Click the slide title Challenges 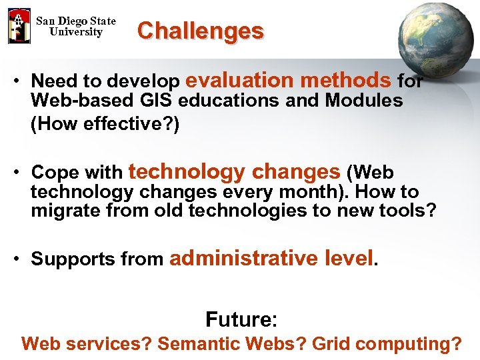click(200, 31)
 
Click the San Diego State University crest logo click(19, 26)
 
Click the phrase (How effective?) click(105, 125)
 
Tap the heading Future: click(241, 319)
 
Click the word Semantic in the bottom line click(199, 344)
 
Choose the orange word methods click(345, 81)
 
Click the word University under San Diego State click(76, 32)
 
